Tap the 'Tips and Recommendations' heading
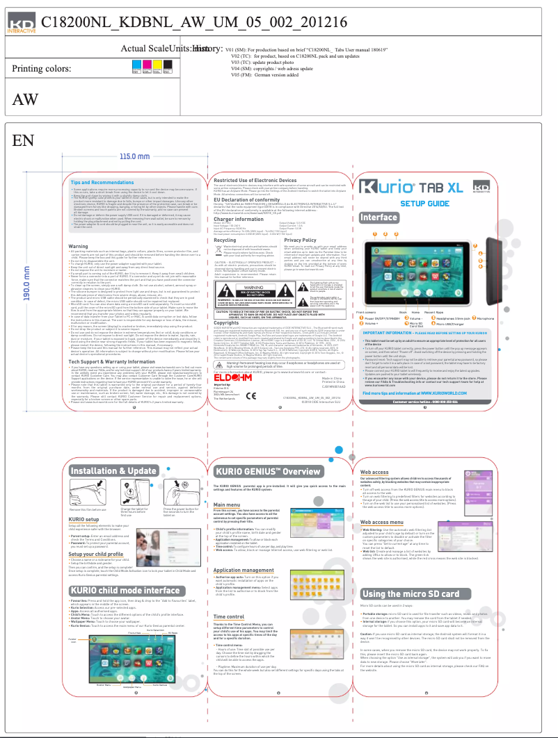102,182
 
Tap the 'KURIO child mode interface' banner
125,591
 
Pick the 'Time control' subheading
229,617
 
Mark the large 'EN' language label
23,141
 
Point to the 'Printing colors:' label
41,69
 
